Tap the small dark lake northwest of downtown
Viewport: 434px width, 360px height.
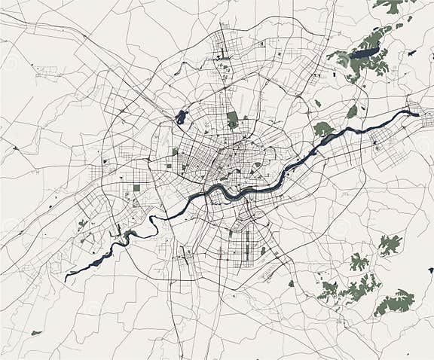click(x=181, y=117)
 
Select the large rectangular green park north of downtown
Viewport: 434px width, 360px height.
click(x=232, y=119)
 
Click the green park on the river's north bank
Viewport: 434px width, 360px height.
click(x=322, y=129)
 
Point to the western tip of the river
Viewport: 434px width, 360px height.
click(x=67, y=279)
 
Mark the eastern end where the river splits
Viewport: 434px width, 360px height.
click(x=415, y=113)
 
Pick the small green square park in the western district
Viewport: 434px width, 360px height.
click(x=136, y=188)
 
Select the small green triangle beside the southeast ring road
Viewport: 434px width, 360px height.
click(x=291, y=283)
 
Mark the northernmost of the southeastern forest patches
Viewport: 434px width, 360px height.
click(x=390, y=243)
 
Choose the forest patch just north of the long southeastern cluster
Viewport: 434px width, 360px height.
click(x=359, y=262)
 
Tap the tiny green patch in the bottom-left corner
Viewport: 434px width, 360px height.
click(x=35, y=332)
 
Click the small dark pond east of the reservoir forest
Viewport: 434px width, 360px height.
click(x=411, y=53)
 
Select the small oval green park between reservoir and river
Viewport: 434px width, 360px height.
click(x=352, y=111)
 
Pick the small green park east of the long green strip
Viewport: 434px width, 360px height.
click(x=262, y=251)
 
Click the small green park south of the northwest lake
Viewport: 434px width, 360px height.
click(x=175, y=151)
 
